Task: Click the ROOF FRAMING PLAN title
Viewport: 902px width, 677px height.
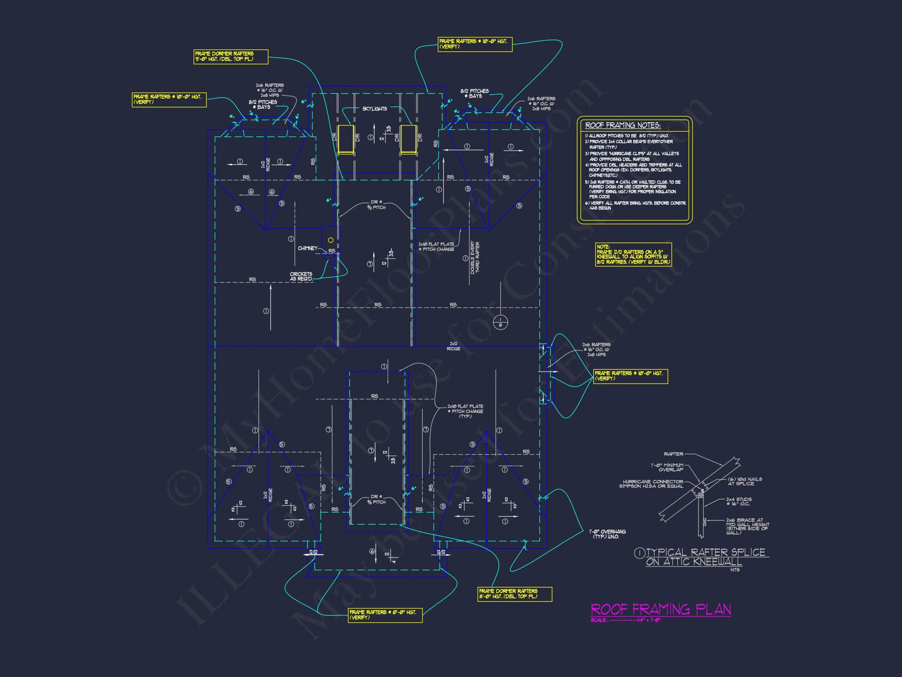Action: pos(660,609)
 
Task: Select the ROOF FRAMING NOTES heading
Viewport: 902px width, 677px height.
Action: pos(623,125)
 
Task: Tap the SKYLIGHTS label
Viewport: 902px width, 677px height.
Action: pos(374,109)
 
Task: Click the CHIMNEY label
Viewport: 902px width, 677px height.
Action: pos(307,248)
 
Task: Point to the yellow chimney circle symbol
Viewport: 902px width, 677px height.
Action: pos(331,240)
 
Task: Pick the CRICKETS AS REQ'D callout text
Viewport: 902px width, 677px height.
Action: pos(301,276)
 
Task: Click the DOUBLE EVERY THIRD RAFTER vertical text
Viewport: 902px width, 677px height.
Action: pos(474,258)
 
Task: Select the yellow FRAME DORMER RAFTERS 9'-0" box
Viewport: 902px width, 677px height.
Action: pos(231,57)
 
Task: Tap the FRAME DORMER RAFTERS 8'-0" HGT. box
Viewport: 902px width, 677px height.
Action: pos(514,594)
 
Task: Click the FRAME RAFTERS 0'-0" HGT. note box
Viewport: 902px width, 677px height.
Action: pos(385,615)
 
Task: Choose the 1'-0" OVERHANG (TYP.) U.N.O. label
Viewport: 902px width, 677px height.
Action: pos(607,534)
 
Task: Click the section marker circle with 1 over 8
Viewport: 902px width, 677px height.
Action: pos(500,322)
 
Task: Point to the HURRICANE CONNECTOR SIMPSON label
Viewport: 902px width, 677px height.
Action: pos(651,483)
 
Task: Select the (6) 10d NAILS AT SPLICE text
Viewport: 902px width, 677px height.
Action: pos(745,481)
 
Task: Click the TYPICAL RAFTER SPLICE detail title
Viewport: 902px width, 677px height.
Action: pos(702,557)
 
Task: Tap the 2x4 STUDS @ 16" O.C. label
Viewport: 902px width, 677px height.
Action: pos(738,501)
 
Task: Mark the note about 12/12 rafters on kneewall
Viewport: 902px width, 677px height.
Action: pos(633,255)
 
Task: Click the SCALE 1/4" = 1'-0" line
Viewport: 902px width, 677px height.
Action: pos(625,620)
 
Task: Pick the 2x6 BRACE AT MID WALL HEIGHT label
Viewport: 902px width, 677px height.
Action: pos(747,527)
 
